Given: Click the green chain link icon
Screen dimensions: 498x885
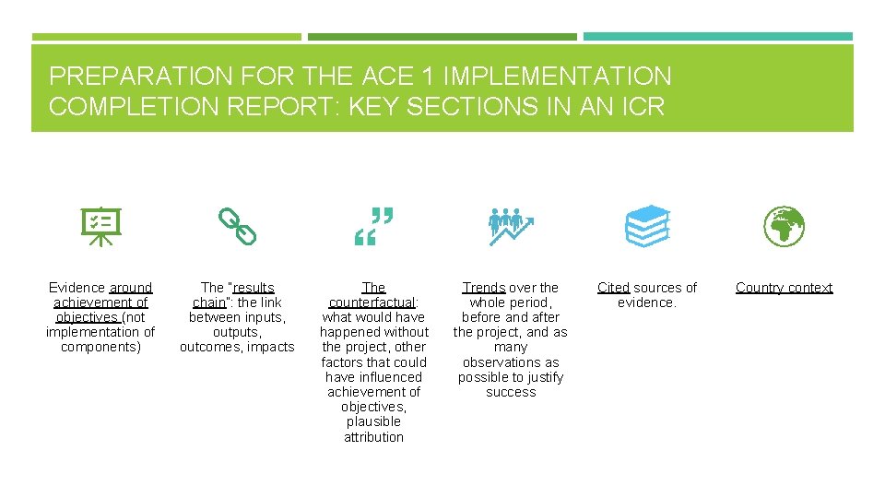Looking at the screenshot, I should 237,226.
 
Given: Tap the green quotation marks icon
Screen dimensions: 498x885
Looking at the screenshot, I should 374,227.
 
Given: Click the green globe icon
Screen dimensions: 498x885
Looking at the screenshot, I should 784,226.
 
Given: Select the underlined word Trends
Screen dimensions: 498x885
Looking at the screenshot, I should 483,288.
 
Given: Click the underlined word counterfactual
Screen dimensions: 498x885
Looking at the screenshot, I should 372,302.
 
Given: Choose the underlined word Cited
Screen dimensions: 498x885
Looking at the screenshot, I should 613,288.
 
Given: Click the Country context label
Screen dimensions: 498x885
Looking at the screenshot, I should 784,288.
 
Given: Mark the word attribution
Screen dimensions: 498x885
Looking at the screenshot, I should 373,437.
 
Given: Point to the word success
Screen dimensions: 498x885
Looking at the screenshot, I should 511,392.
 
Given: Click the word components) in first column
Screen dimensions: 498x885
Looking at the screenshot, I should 100,347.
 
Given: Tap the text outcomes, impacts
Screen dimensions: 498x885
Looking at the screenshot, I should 237,347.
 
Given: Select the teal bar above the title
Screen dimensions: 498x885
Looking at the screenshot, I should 717,37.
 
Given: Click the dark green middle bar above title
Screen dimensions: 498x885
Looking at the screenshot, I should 442,37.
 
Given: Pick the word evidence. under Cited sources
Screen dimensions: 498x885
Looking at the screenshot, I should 647,302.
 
